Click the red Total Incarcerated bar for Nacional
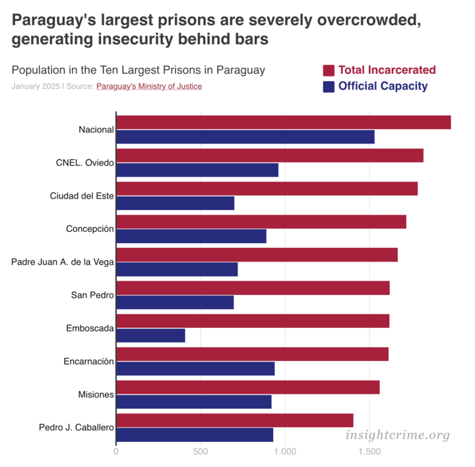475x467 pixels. tap(284, 123)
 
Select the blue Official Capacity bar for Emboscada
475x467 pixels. tap(150, 335)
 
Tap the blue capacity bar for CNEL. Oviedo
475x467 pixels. tap(197, 170)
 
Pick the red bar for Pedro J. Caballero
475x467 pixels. tap(235, 420)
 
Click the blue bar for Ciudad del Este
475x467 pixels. tap(175, 203)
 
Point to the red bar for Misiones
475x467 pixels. tap(248, 387)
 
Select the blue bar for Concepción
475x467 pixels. tap(191, 236)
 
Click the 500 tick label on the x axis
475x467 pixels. tap(201, 452)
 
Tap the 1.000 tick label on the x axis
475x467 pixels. tap(285, 452)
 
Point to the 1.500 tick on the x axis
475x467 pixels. tap(369, 452)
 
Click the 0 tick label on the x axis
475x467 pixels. tap(116, 452)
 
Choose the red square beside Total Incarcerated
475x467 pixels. tap(329, 70)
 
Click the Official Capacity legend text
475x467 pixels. tap(383, 86)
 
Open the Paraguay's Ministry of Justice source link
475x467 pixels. tap(149, 86)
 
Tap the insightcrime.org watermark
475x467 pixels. tap(398, 435)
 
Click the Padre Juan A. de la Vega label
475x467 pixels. tap(63, 261)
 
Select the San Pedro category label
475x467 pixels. tap(92, 294)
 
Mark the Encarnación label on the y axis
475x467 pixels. tap(89, 361)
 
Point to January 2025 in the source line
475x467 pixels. tap(35, 86)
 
